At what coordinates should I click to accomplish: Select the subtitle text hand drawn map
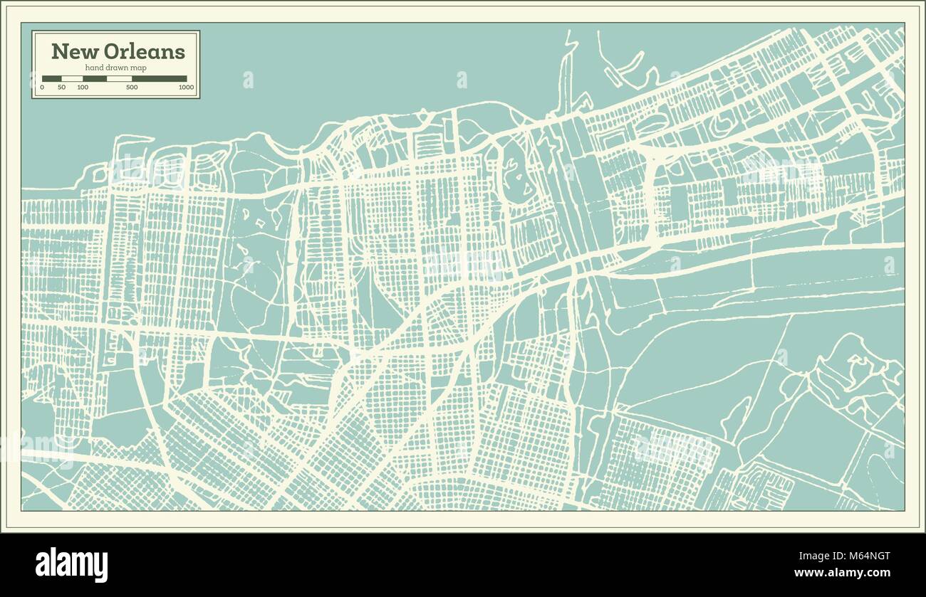[x=117, y=67]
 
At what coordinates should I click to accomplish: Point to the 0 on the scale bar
[x=42, y=87]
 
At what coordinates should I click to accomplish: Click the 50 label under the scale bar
[x=62, y=87]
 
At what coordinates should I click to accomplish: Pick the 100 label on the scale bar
[x=83, y=87]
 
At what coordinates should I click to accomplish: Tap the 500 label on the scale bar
[x=132, y=87]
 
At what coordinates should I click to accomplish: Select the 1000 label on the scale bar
[x=186, y=87]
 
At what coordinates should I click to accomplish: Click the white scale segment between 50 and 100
[x=72, y=78]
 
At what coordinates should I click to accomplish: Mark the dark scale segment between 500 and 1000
[x=160, y=78]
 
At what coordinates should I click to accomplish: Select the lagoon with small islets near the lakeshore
[x=514, y=171]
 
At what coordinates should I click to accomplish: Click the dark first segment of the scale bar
[x=52, y=78]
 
